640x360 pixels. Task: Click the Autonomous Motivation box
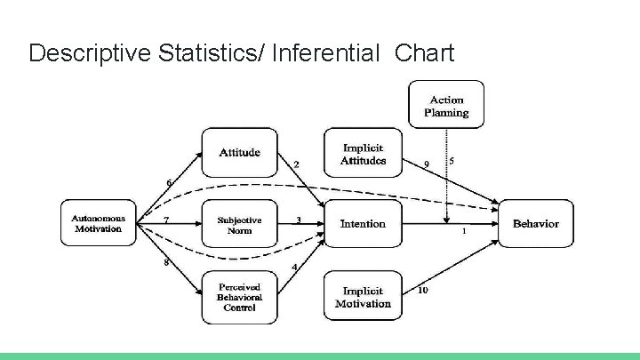[x=98, y=224]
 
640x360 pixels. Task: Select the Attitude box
[x=239, y=152]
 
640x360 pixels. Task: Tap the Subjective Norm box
[x=239, y=225]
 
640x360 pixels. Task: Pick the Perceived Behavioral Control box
[x=239, y=297]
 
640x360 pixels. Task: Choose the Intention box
[x=363, y=224]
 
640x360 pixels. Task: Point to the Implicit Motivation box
[x=363, y=297]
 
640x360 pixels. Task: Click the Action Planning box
[x=446, y=106]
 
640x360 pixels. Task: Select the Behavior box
[x=535, y=224]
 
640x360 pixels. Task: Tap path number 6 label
[x=169, y=183]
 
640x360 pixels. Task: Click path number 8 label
[x=166, y=262]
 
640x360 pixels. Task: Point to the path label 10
[x=422, y=290]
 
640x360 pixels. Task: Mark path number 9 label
[x=427, y=164]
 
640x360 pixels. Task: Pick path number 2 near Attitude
[x=296, y=164]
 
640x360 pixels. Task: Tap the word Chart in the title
[x=424, y=53]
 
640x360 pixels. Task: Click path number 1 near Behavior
[x=464, y=232]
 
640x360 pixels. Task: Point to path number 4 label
[x=294, y=268]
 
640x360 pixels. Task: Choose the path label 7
[x=166, y=219]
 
